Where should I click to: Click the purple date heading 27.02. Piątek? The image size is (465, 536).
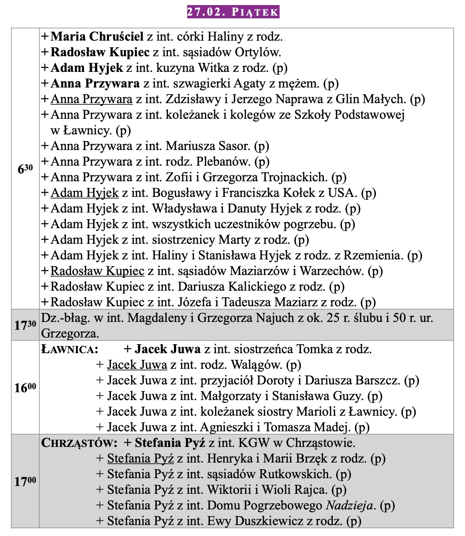[233, 12]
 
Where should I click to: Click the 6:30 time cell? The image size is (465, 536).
[25, 169]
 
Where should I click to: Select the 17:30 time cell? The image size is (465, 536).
[25, 325]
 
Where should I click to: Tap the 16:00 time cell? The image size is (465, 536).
[25, 388]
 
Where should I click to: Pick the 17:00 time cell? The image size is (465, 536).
[25, 481]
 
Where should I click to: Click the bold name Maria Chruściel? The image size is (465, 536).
[97, 37]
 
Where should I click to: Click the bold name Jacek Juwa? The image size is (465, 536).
[168, 349]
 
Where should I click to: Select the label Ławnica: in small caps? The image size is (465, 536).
[70, 349]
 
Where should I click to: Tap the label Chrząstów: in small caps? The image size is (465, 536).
[79, 443]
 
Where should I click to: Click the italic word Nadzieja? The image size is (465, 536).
[349, 506]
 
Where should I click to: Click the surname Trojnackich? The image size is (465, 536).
[295, 177]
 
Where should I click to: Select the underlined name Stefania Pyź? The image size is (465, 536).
[140, 459]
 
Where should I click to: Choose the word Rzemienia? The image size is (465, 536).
[373, 255]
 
